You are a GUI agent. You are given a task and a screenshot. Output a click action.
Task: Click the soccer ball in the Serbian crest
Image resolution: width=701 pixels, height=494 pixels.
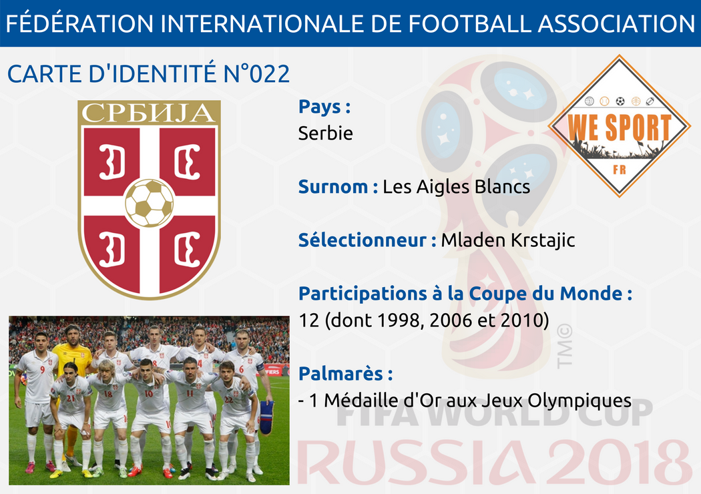pyautogui.click(x=150, y=203)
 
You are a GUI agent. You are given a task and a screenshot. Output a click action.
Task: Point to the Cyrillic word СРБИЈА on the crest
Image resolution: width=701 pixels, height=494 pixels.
pyautogui.click(x=148, y=113)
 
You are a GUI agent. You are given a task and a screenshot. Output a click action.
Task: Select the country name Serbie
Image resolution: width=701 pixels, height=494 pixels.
pyautogui.click(x=326, y=134)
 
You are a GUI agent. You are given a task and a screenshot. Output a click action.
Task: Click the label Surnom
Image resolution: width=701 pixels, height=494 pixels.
pyautogui.click(x=333, y=187)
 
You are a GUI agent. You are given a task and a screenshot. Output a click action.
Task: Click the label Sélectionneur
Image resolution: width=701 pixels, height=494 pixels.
pyautogui.click(x=363, y=240)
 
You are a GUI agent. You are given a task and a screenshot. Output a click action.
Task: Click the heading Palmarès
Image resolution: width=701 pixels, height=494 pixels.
pyautogui.click(x=340, y=374)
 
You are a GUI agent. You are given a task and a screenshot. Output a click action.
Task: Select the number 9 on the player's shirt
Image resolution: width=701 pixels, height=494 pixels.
pyautogui.click(x=43, y=370)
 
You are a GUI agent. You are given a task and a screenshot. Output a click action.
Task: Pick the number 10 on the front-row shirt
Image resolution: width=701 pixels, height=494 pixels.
pyautogui.click(x=149, y=393)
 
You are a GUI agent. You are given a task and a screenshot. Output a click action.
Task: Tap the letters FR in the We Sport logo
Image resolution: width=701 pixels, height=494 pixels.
pyautogui.click(x=620, y=170)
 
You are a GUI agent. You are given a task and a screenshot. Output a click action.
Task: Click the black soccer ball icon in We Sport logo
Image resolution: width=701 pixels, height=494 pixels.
pyautogui.click(x=620, y=101)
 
